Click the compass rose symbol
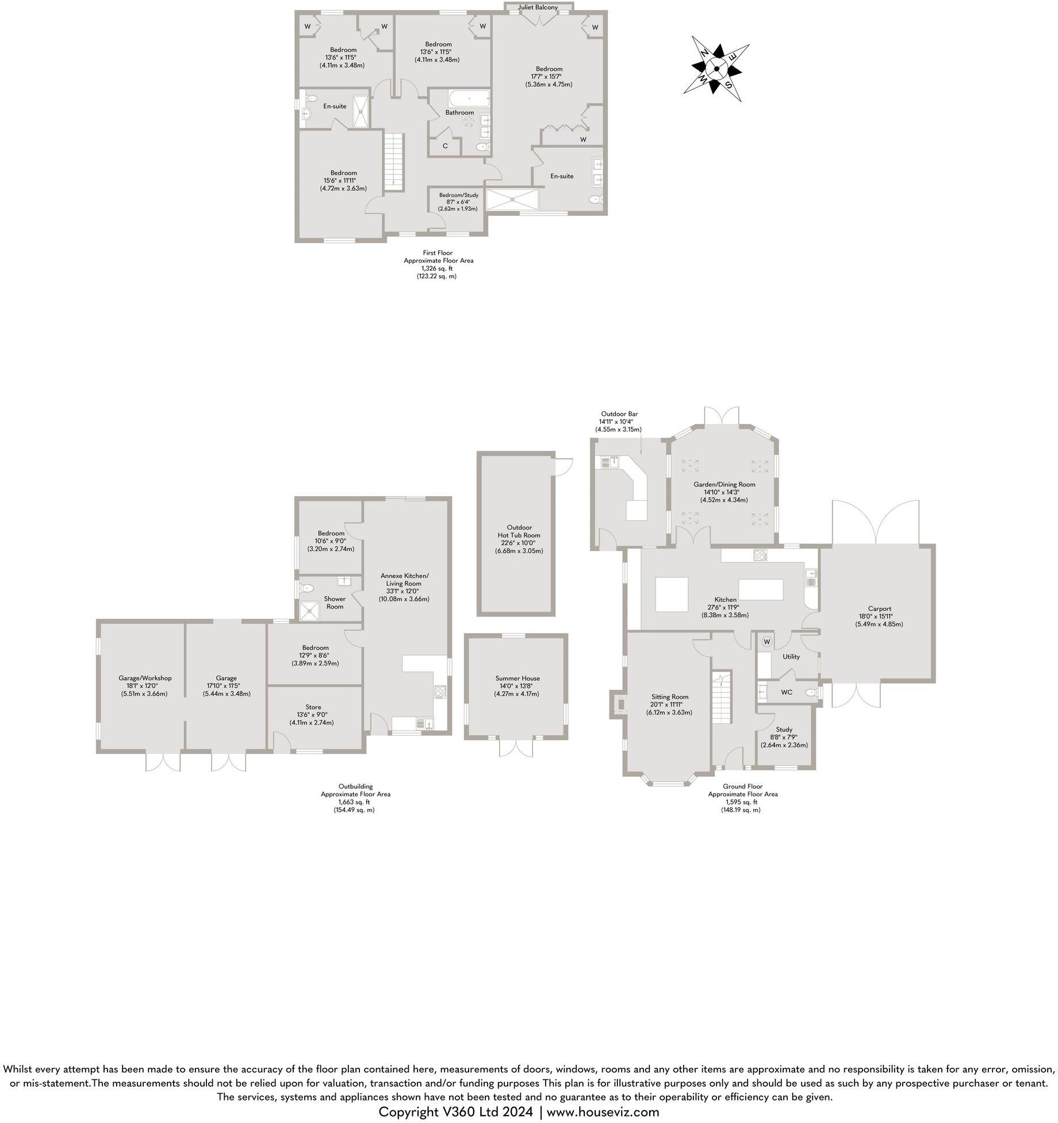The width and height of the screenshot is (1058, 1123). pyautogui.click(x=716, y=68)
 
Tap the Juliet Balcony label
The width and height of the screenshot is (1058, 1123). pyautogui.click(x=538, y=7)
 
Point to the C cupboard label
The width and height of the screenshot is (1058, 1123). pyautogui.click(x=445, y=146)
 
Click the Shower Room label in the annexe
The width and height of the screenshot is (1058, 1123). pyautogui.click(x=335, y=603)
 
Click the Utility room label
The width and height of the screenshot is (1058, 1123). pyautogui.click(x=791, y=656)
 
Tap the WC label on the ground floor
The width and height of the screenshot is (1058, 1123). pyautogui.click(x=786, y=692)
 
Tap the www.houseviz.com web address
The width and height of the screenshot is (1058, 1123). pyautogui.click(x=603, y=1111)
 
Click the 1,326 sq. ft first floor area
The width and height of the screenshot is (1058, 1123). pyautogui.click(x=437, y=268)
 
